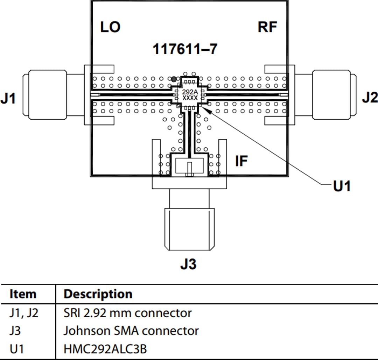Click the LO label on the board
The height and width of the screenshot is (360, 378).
coord(110,27)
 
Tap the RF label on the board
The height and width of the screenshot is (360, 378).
coord(267,27)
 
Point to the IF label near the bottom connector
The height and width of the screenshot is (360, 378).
coord(241,161)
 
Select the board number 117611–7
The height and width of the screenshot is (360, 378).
coord(185,49)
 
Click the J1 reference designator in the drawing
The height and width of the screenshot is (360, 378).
coord(8,99)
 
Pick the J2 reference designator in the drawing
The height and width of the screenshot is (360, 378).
coord(370,98)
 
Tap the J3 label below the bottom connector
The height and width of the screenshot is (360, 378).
coord(188,264)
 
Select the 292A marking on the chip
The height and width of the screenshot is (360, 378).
coord(190,92)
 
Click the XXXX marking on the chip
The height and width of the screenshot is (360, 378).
coord(190,98)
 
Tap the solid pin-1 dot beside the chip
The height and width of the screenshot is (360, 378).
coord(174,79)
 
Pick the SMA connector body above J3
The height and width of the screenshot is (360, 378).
coord(189,229)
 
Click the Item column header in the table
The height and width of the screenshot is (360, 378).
coord(23,294)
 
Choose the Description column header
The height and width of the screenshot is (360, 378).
coord(98,294)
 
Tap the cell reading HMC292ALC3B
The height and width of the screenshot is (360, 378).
coord(105,349)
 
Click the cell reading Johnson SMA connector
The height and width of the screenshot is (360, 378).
coord(131,331)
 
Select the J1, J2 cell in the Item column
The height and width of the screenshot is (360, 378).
coord(24,313)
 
